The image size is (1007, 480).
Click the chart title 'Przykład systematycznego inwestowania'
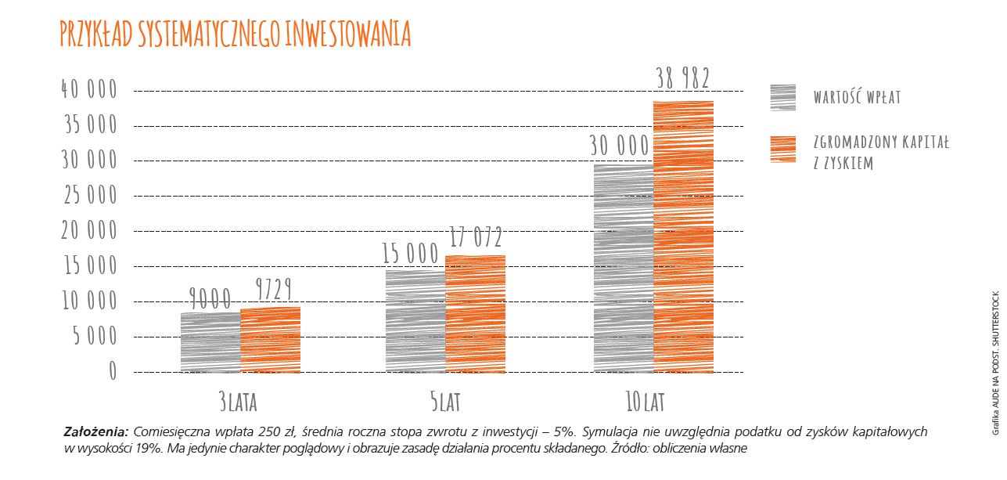pos(235,35)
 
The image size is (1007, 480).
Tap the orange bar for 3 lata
pos(270,340)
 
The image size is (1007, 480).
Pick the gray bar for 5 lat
pos(415,321)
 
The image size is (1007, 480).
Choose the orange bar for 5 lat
pos(475,314)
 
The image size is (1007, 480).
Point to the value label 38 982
pos(683,79)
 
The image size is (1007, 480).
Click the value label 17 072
pos(475,236)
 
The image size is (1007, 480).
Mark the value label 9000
pos(210,298)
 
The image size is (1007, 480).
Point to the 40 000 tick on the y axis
pos(89,90)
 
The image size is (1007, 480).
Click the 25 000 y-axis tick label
pos(89,195)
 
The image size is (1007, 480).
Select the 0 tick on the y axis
pos(112,370)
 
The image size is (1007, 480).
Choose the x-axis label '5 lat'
pos(445,402)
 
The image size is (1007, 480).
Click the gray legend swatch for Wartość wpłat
pos(782,97)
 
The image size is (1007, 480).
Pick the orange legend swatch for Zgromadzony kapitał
pos(782,149)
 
